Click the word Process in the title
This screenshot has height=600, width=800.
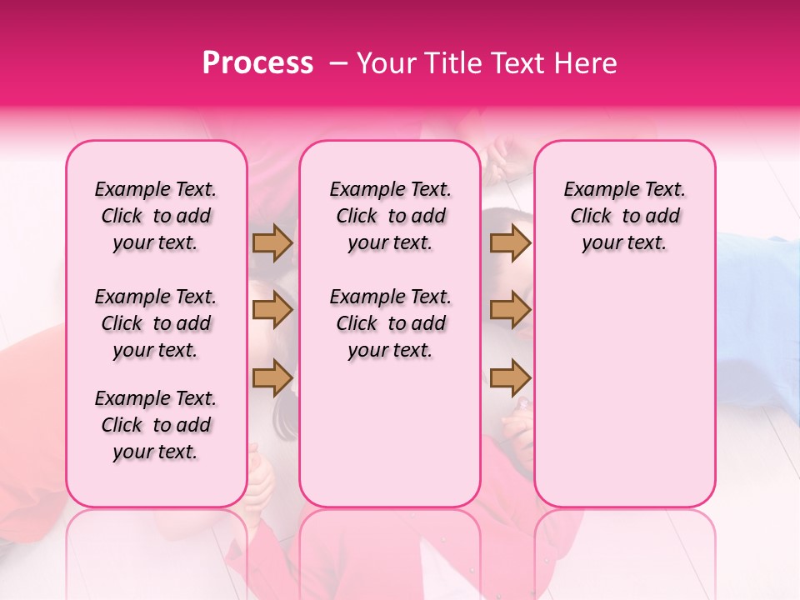(257, 63)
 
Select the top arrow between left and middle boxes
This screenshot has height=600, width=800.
(272, 242)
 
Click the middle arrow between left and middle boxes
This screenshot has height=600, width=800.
(272, 311)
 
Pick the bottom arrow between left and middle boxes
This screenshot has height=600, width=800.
(272, 377)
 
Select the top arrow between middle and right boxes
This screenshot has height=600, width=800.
(510, 242)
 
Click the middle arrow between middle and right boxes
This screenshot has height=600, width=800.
(510, 311)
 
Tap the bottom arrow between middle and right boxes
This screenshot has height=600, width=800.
(510, 377)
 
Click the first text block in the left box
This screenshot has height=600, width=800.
(156, 216)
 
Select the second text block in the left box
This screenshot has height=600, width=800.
(156, 323)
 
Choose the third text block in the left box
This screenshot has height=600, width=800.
(156, 425)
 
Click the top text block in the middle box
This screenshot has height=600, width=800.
(390, 216)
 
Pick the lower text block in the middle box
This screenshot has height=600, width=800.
(390, 323)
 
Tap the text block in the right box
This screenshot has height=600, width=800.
(624, 216)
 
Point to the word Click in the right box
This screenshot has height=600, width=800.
(591, 217)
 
